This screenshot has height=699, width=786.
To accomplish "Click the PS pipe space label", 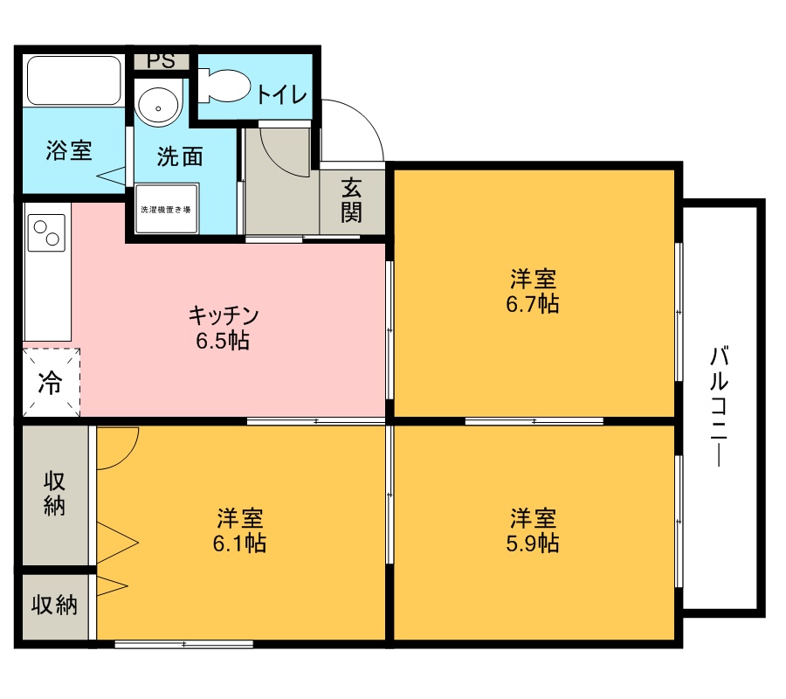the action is (x=162, y=61).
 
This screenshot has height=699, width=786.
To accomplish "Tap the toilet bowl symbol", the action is (x=224, y=86).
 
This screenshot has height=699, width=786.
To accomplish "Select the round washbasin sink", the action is (x=158, y=107).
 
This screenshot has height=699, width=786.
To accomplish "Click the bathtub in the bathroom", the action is (x=74, y=80).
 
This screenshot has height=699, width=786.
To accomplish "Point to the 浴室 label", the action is (x=69, y=150).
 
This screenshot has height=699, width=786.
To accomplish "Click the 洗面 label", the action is (x=180, y=156).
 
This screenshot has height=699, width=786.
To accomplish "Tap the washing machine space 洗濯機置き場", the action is (x=166, y=209).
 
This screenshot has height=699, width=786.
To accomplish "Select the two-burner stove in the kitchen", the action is (x=46, y=232).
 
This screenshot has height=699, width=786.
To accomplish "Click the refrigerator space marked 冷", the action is (x=52, y=383).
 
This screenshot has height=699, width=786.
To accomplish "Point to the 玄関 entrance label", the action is (x=351, y=200).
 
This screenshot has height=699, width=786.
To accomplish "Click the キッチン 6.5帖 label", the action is (x=223, y=328).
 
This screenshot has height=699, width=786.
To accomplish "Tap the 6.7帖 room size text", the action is (x=533, y=304).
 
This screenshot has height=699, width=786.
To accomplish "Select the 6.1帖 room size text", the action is (x=239, y=543).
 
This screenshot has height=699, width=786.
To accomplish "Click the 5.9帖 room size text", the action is (x=533, y=543).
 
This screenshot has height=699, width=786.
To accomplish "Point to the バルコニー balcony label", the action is (x=720, y=405).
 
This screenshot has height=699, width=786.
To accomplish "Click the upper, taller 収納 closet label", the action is (x=54, y=494).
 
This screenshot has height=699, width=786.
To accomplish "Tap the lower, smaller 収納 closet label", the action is (x=55, y=605).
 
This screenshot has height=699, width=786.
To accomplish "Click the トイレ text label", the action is (x=282, y=94).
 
